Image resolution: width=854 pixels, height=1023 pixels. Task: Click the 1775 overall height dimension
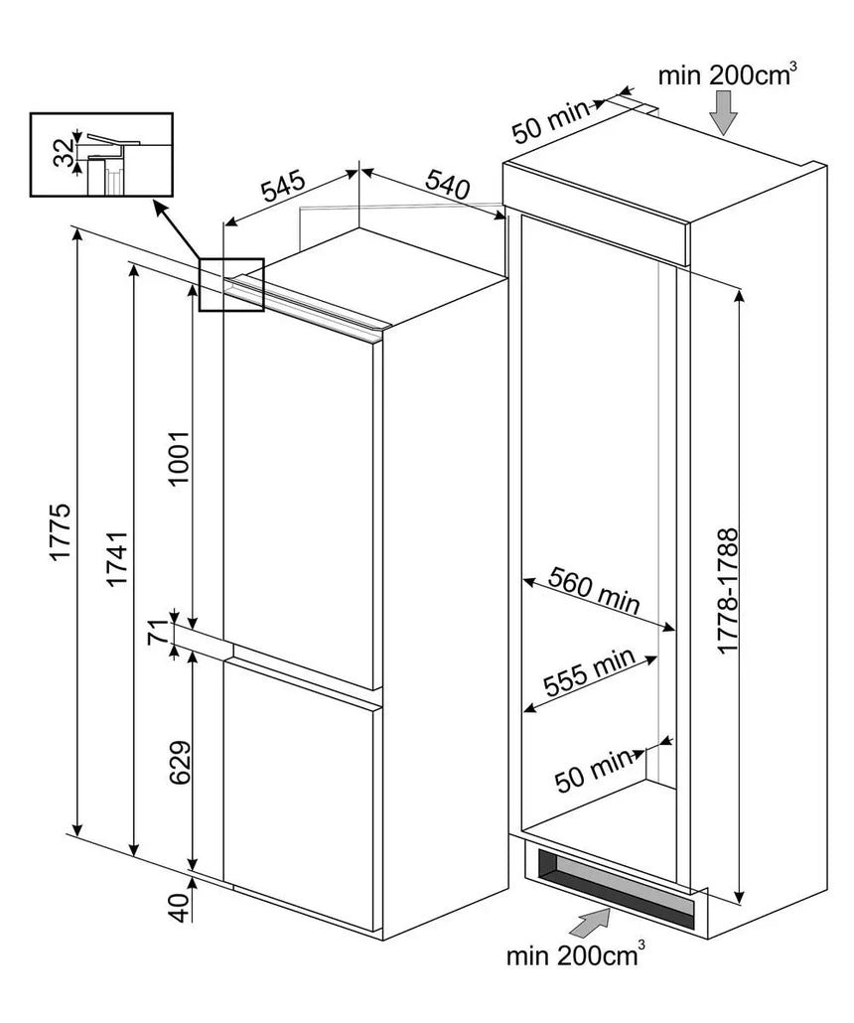(x=60, y=530)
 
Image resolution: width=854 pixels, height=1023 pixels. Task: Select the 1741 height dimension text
(x=117, y=558)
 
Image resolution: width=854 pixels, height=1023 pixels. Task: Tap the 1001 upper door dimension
(x=178, y=457)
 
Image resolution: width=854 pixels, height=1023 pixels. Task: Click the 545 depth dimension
(x=283, y=186)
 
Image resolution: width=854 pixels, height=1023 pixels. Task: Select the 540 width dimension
(x=448, y=184)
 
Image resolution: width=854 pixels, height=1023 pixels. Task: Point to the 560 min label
(x=594, y=590)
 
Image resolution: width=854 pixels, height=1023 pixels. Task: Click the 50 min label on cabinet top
(x=550, y=122)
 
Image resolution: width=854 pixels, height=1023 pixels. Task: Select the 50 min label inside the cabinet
(x=593, y=770)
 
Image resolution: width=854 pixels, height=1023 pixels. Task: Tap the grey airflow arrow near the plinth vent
(x=591, y=923)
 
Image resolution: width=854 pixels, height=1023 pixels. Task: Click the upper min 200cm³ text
(x=727, y=74)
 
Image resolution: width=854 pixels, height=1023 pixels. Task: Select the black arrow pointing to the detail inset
(x=177, y=229)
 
